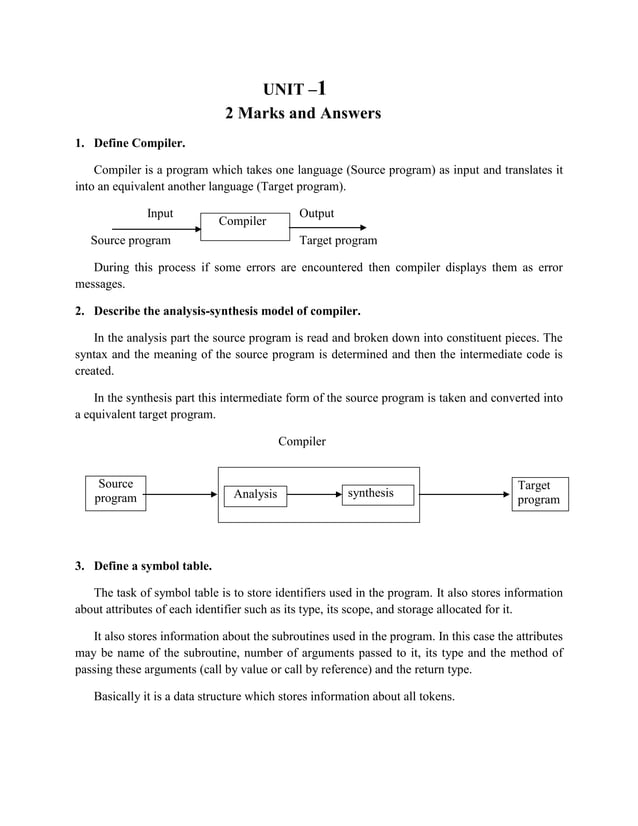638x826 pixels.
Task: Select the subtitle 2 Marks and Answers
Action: click(302, 114)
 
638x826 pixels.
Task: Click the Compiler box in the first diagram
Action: click(243, 222)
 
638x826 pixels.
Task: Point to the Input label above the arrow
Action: click(160, 214)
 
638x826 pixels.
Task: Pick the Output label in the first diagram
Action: click(316, 214)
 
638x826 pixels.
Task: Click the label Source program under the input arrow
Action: click(130, 241)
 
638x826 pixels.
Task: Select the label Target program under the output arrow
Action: click(339, 241)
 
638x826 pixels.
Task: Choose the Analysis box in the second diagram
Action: click(255, 494)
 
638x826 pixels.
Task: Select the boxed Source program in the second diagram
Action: click(115, 492)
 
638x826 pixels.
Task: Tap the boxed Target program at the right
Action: click(538, 493)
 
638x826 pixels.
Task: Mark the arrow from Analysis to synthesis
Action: click(314, 494)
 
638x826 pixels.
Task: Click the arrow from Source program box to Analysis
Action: click(182, 494)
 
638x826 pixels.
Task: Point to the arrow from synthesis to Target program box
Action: click(461, 494)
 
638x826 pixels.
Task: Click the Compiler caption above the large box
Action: click(302, 441)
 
